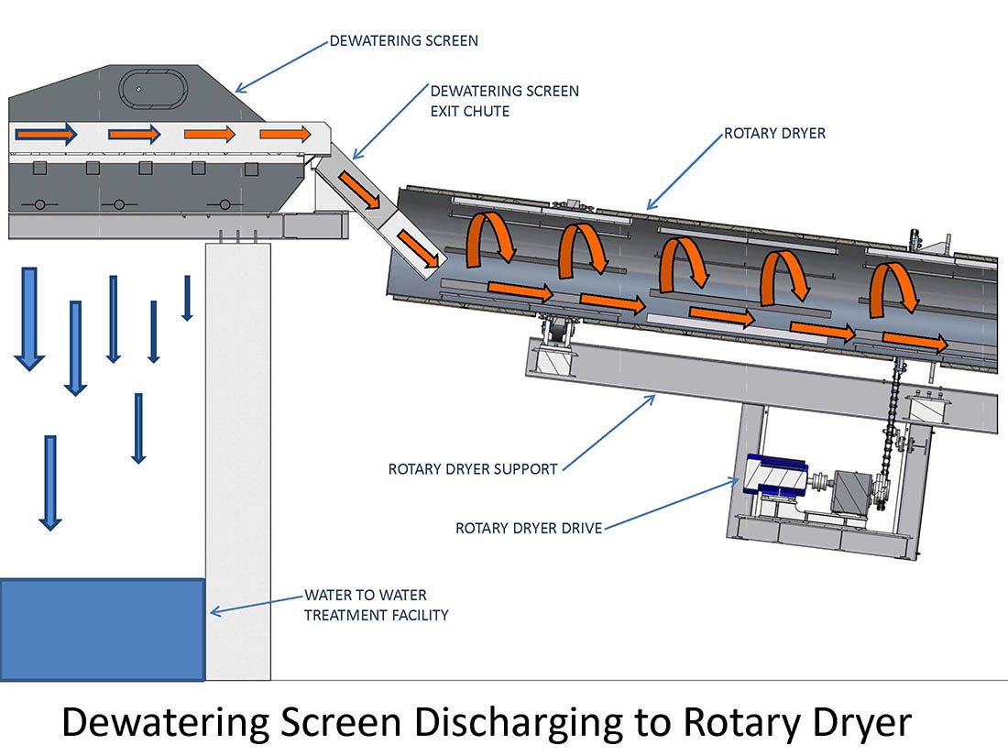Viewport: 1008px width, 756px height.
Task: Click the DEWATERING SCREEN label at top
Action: (x=403, y=41)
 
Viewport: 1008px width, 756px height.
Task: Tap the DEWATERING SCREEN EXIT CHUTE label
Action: (x=504, y=101)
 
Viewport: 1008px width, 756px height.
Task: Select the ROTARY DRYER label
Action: (x=774, y=134)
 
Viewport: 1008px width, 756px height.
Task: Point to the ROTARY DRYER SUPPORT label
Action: (x=473, y=469)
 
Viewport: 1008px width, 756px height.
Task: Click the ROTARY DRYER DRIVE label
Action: (x=529, y=528)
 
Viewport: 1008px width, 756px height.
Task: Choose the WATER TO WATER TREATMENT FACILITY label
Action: (x=376, y=605)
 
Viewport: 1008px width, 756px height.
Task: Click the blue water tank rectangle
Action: (x=101, y=630)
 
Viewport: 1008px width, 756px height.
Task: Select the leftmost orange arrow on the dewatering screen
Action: (x=46, y=135)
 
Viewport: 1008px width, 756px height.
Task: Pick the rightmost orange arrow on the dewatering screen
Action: (x=285, y=135)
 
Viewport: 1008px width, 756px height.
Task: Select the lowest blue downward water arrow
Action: (x=50, y=482)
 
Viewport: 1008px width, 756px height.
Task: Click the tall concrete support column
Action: (x=237, y=458)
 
